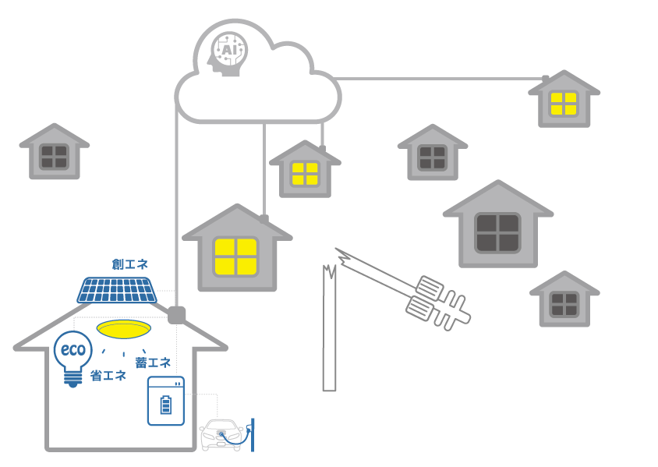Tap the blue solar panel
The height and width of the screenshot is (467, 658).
[x=117, y=290]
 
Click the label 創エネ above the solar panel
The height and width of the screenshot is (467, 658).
[x=130, y=264]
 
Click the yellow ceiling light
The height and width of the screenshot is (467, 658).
[x=123, y=329]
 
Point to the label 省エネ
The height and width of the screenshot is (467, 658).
[x=108, y=375]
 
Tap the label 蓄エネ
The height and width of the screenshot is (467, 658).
[x=153, y=363]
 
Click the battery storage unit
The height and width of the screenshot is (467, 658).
[x=166, y=401]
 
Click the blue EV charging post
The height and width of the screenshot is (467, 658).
[x=253, y=434]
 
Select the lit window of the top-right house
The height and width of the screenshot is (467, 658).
[x=564, y=104]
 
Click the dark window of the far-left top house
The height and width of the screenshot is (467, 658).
[x=54, y=157]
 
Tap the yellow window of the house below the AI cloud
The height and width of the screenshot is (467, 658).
[x=305, y=173]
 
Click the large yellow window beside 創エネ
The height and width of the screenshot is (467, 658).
[x=236, y=256]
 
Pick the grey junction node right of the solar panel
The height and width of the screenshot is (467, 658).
[x=177, y=315]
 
